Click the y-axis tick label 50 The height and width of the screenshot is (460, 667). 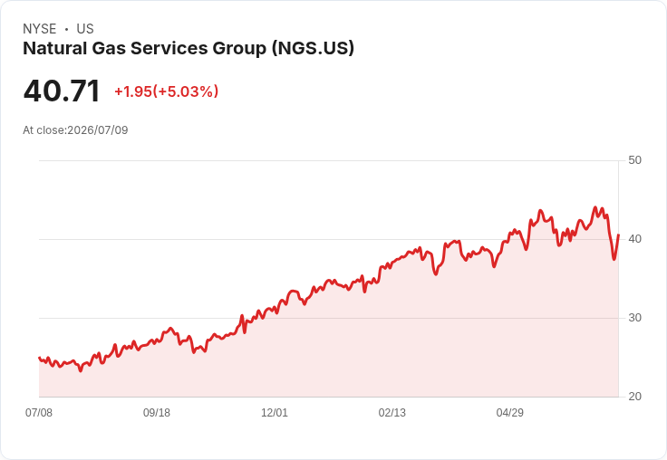634,160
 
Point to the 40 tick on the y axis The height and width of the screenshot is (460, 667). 634,239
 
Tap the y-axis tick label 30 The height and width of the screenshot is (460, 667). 634,318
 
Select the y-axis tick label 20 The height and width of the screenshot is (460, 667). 634,397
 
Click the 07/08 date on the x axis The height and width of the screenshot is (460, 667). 39,412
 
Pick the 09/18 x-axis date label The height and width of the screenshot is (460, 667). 157,412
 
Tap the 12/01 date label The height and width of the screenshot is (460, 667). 275,412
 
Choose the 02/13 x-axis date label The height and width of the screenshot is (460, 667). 392,412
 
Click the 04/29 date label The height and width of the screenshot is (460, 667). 510,412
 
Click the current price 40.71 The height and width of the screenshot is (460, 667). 62,91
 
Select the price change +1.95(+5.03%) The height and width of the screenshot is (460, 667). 167,91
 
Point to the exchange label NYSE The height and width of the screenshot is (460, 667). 40,29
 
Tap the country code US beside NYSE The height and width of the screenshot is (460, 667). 85,29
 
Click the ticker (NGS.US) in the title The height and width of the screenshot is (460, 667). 313,48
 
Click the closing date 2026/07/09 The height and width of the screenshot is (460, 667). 98,130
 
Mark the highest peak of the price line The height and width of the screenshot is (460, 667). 595,207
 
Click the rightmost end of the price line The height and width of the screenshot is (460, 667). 618,235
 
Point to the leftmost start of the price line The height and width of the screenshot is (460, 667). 39,358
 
